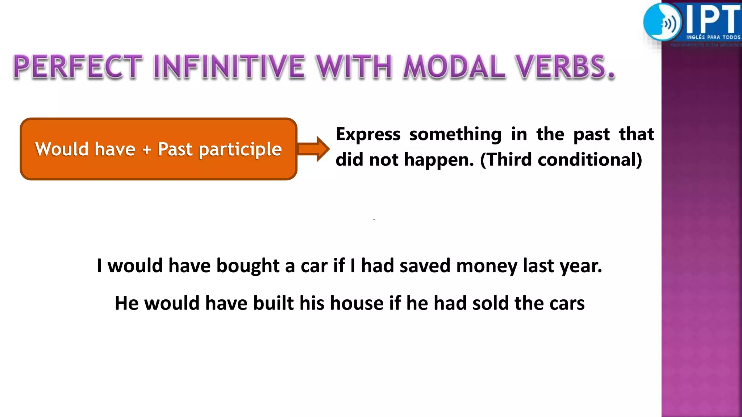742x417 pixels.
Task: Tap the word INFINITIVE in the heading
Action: pyautogui.click(x=229, y=67)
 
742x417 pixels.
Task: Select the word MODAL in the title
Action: pyautogui.click(x=454, y=67)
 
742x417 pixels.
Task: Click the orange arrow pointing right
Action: pyautogui.click(x=314, y=149)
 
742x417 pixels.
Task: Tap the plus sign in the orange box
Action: pyautogui.click(x=146, y=149)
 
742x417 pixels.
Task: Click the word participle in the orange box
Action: pyautogui.click(x=240, y=149)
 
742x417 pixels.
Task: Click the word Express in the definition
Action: pyautogui.click(x=368, y=135)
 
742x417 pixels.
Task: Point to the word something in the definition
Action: pyautogui.click(x=455, y=135)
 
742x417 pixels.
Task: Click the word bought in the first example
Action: pyautogui.click(x=248, y=266)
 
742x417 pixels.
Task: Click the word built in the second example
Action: pyautogui.click(x=273, y=303)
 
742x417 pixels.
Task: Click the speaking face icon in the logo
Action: pyautogui.click(x=662, y=22)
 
